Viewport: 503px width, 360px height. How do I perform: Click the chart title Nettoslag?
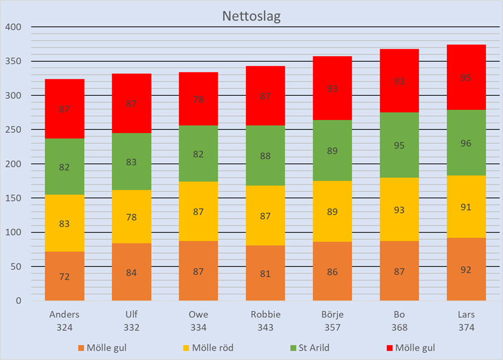tap(251, 16)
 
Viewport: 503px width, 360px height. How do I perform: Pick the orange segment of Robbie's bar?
tap(265, 273)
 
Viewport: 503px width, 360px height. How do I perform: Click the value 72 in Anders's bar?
tap(65, 277)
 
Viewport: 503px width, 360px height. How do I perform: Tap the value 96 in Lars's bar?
tap(466, 143)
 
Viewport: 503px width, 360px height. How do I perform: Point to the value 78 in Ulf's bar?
tap(131, 217)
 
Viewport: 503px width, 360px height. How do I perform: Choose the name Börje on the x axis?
tap(332, 315)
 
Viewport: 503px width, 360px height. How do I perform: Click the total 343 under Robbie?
tap(265, 328)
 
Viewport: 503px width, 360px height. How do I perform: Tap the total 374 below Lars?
tap(466, 328)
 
